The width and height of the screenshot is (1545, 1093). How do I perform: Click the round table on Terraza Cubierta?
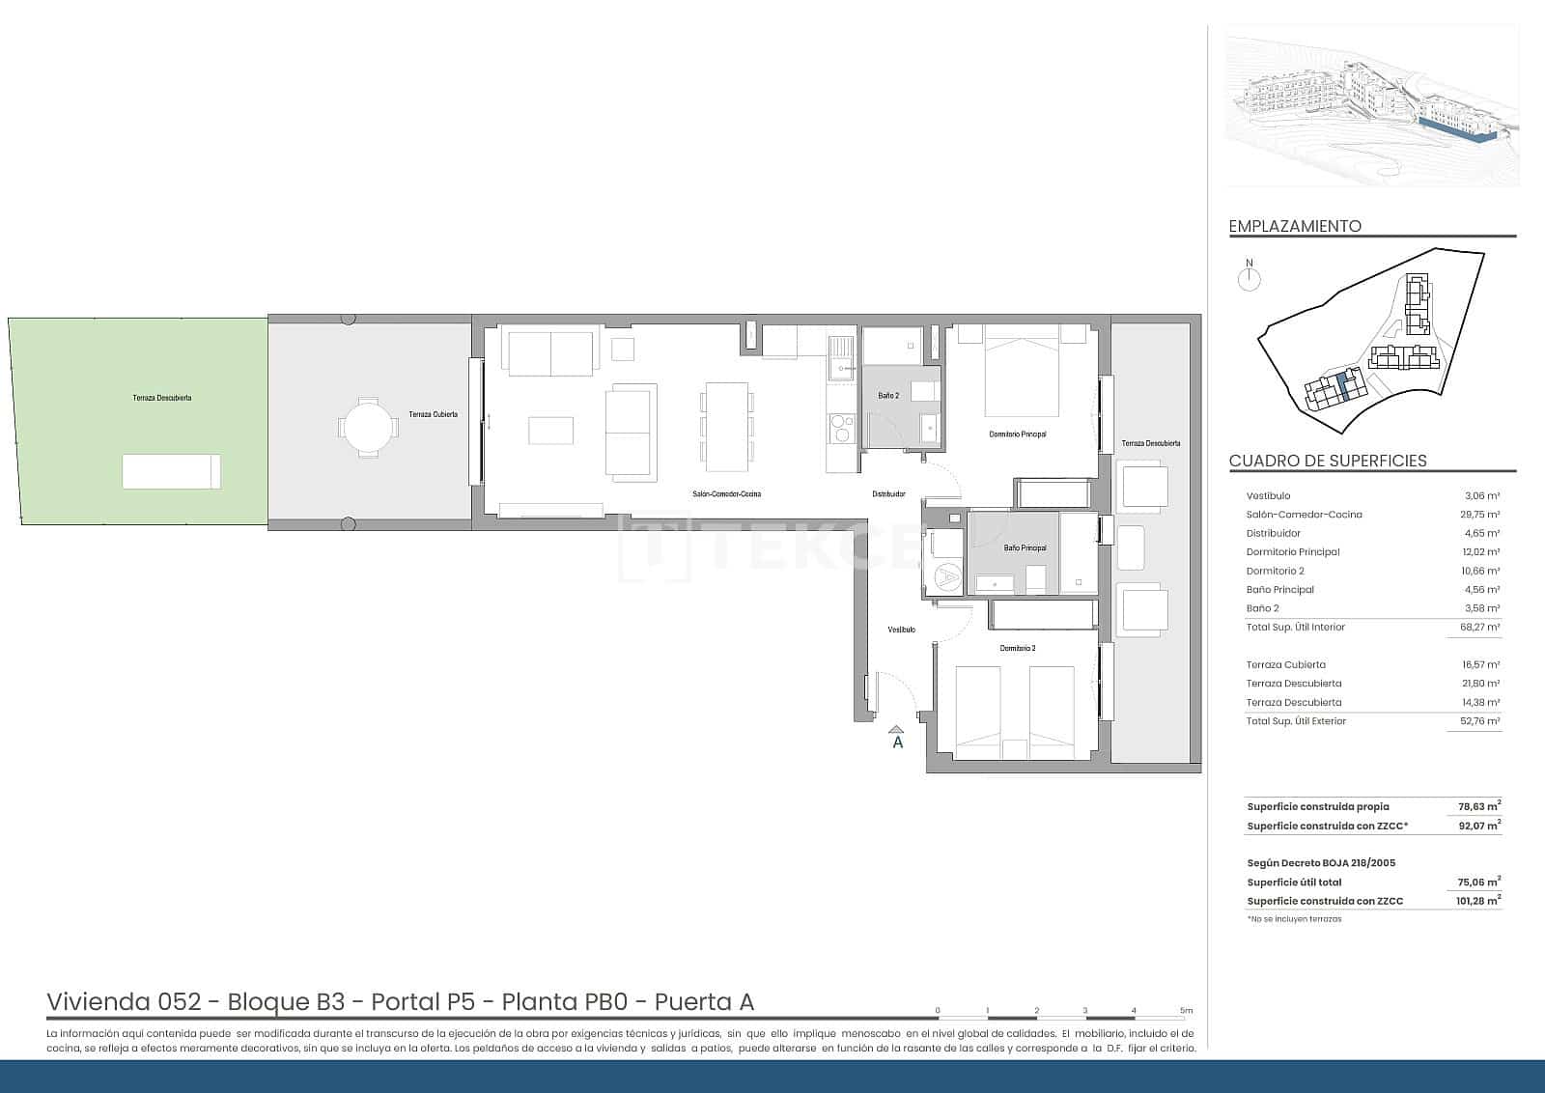coord(367,427)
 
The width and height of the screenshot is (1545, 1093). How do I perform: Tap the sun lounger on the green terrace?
coord(171,471)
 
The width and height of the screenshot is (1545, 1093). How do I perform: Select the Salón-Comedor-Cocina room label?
coord(726,494)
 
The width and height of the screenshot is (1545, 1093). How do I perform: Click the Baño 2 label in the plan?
coord(888,396)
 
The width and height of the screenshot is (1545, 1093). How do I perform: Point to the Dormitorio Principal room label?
coord(1017,434)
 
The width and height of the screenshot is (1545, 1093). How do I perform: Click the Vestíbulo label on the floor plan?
coord(901,630)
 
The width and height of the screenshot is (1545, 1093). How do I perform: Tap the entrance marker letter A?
coord(898,743)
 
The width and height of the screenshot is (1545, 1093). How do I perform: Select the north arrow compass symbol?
coord(1250,279)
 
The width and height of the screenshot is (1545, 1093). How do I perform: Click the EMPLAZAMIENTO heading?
coord(1295,226)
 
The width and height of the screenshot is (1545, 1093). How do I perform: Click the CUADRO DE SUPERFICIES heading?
coord(1327,461)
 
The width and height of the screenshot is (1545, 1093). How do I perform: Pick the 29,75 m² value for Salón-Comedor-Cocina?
coord(1479,515)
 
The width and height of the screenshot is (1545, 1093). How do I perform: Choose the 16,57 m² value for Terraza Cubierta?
coord(1480,664)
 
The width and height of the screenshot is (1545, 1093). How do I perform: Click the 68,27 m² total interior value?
coord(1479,627)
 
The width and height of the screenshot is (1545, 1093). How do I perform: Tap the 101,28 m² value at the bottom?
coord(1477,901)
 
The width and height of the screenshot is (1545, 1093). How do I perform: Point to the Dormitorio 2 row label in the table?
coord(1275,571)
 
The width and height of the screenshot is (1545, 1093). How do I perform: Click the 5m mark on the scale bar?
coord(1187,1011)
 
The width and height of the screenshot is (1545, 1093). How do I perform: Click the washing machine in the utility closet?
coord(947,577)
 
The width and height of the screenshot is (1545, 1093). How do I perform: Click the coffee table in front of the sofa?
coord(550,431)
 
